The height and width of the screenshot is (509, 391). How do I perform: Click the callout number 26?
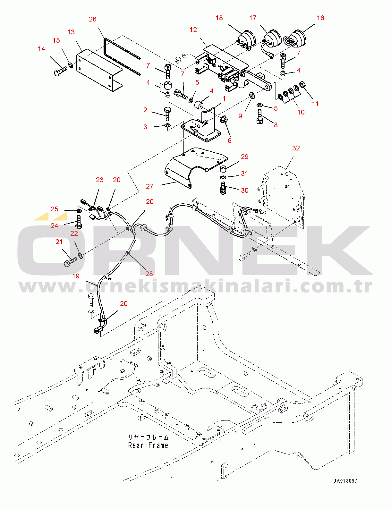[92, 19]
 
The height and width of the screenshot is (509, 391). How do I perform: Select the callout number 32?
[296, 148]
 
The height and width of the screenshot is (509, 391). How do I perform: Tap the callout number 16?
[320, 18]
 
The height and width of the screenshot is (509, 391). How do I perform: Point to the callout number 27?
[150, 186]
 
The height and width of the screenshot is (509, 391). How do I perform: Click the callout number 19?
[76, 276]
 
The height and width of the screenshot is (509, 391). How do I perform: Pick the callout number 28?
[149, 274]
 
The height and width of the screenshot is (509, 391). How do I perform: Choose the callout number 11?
[315, 104]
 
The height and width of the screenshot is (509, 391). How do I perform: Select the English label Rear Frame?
[148, 445]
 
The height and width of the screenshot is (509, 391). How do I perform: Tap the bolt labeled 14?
[61, 71]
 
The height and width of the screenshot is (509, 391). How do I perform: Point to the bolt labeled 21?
[70, 262]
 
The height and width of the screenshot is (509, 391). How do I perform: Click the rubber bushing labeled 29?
[223, 168]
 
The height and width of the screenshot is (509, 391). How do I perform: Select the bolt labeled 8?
[259, 118]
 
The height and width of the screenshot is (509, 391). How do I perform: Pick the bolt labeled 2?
[167, 114]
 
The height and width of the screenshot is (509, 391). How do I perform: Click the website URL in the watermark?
[196, 286]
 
